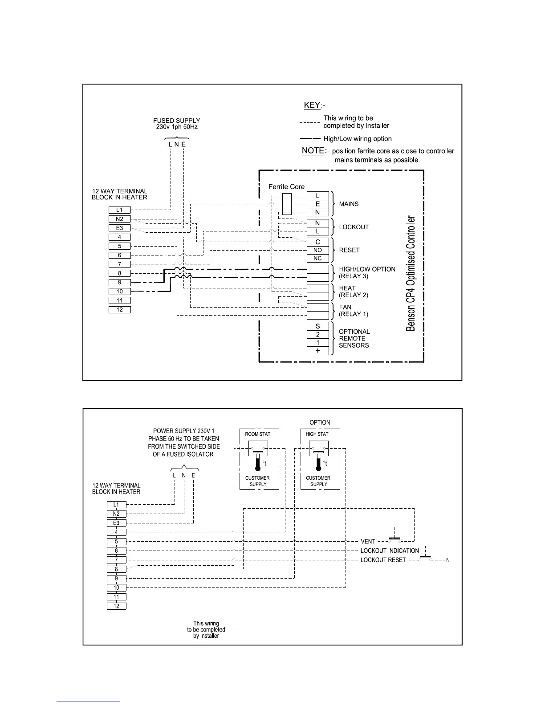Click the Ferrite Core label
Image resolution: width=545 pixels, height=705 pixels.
click(286, 186)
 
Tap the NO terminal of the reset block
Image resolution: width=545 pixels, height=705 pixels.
click(317, 250)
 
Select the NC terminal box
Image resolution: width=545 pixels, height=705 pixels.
click(317, 259)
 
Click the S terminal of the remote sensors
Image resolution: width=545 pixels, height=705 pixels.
click(317, 326)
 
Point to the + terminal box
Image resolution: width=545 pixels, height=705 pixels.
click(317, 351)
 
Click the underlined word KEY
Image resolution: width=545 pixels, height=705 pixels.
click(312, 105)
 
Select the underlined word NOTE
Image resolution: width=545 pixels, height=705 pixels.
click(313, 150)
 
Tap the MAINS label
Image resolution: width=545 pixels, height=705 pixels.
click(349, 204)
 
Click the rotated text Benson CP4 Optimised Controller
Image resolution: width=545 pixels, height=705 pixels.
click(411, 274)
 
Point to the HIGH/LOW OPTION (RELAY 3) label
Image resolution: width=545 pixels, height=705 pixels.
click(367, 272)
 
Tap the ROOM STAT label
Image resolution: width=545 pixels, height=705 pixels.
click(258, 434)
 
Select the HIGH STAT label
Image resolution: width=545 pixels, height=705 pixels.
click(317, 434)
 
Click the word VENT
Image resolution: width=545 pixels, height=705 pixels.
click(368, 542)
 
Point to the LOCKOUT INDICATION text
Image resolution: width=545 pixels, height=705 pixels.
click(390, 551)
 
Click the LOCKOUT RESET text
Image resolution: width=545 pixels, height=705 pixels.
click(383, 560)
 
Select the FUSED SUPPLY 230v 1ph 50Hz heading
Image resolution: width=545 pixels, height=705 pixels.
click(176, 124)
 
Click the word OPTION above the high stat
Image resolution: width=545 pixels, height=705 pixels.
click(320, 422)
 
